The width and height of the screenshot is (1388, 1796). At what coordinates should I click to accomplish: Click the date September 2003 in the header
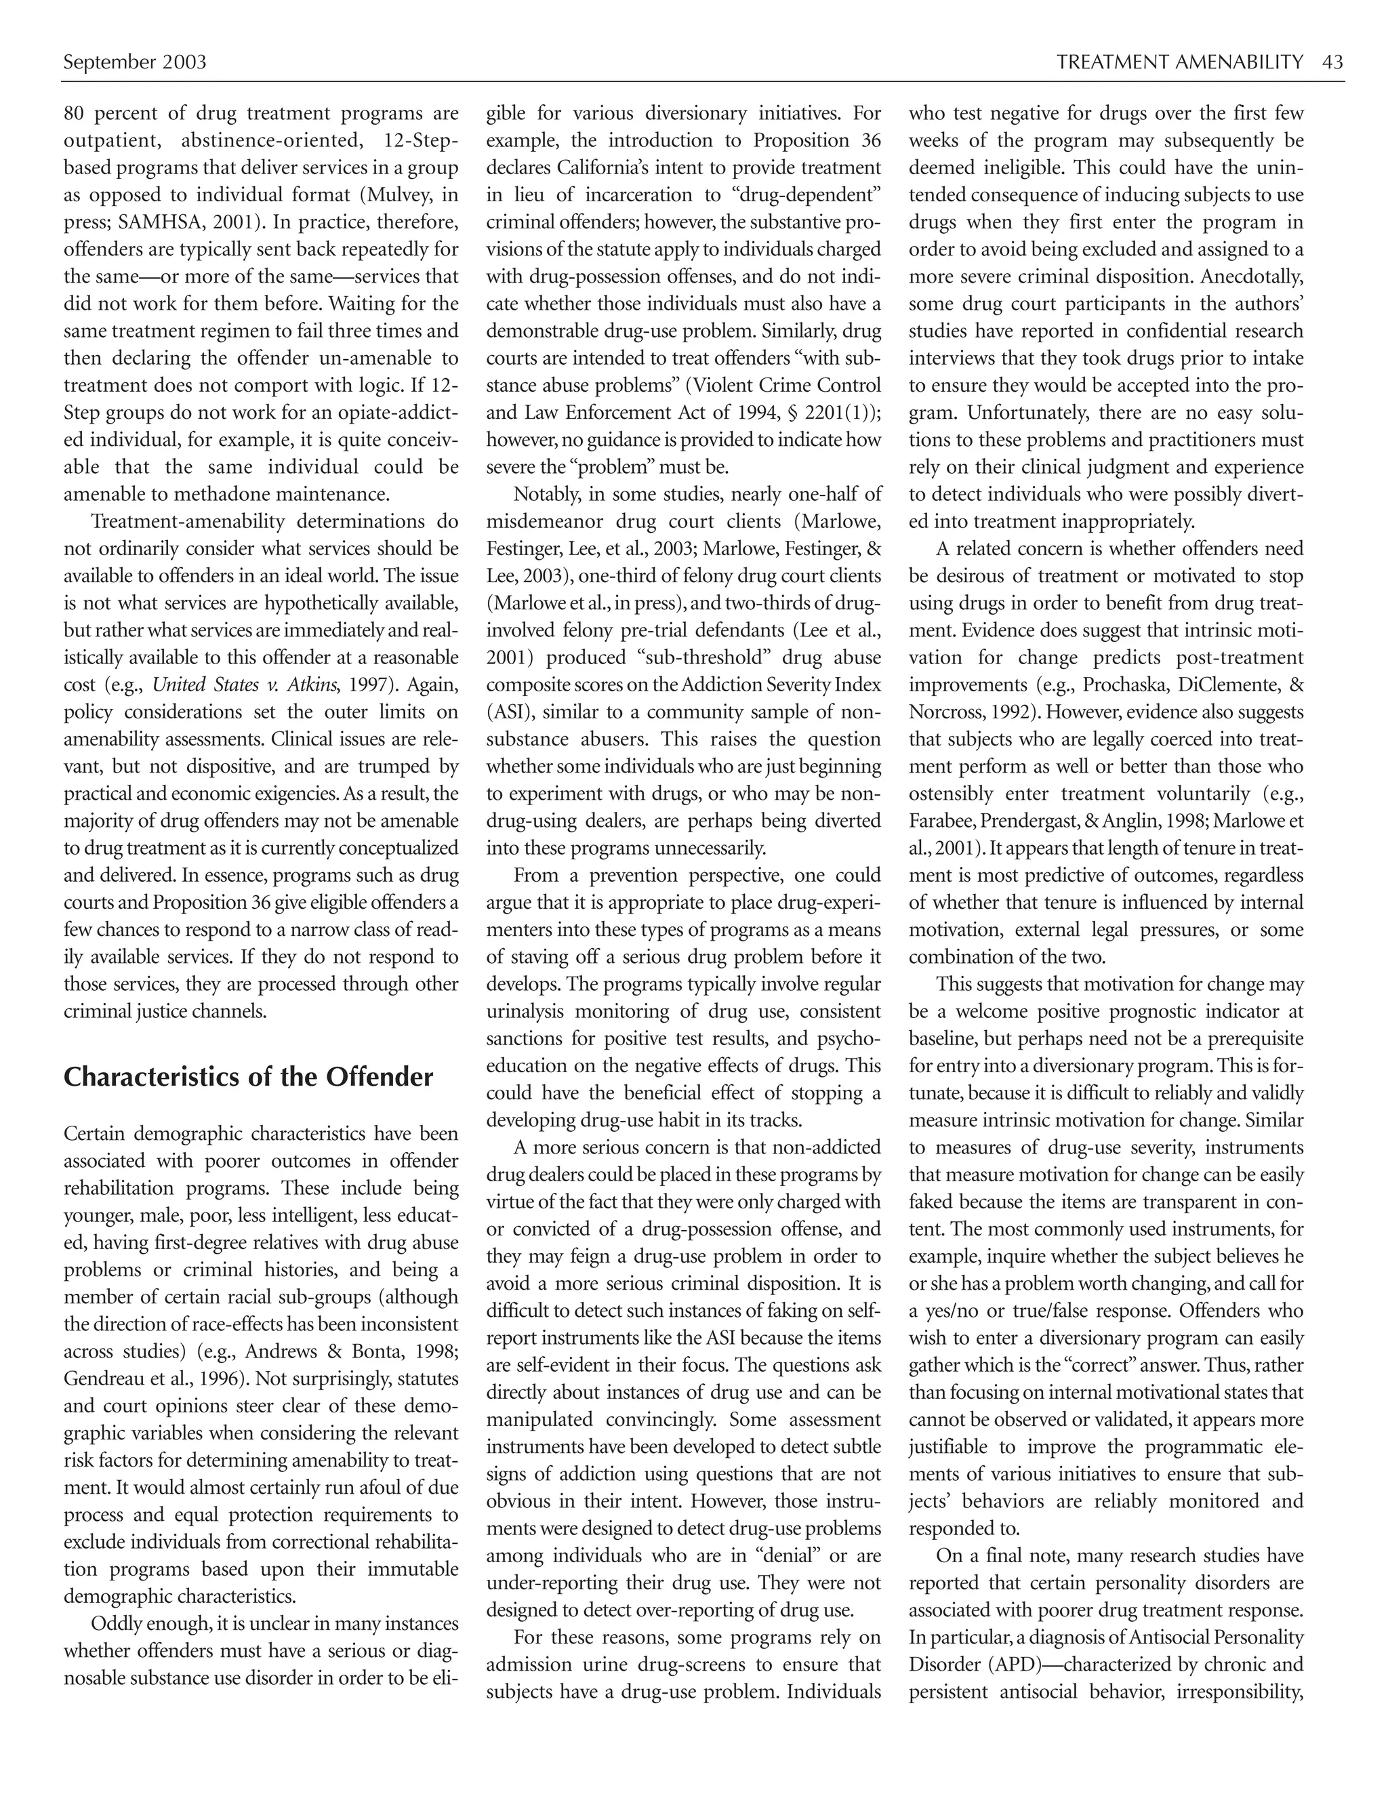coord(135,62)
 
